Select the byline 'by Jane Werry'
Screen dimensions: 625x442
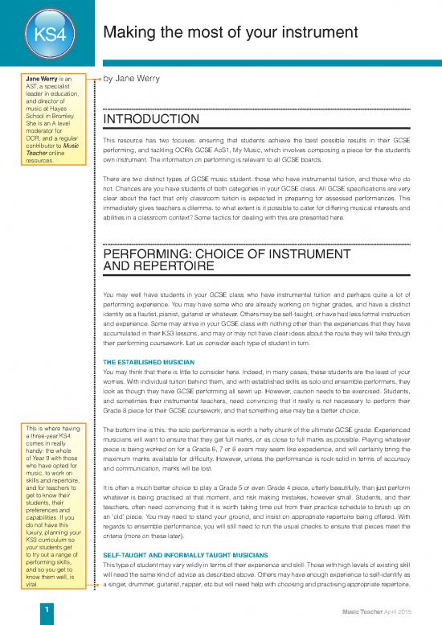[x=132, y=79]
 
